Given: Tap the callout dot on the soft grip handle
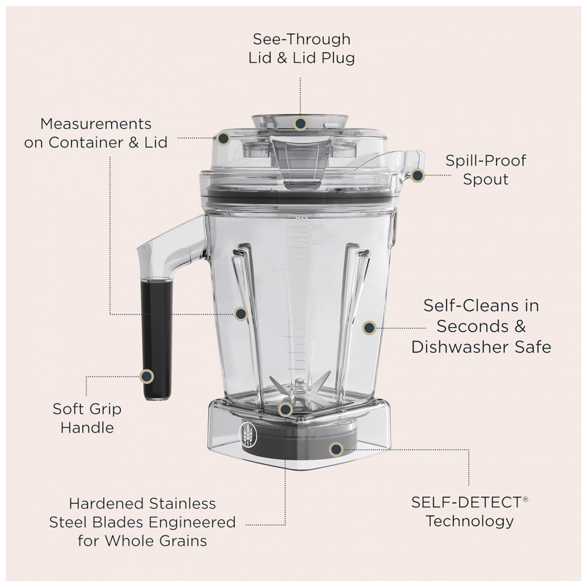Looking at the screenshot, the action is click(x=146, y=376).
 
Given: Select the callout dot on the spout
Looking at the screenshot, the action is click(x=417, y=175).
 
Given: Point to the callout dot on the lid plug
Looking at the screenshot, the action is click(x=300, y=123).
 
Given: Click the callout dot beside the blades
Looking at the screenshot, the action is click(x=285, y=409).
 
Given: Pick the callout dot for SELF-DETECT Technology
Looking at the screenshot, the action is click(x=336, y=449).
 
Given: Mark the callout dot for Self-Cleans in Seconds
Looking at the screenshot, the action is click(x=369, y=328).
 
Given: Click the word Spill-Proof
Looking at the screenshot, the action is click(x=485, y=161).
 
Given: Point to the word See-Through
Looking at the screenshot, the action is click(x=301, y=39).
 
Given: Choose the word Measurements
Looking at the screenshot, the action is click(x=96, y=124).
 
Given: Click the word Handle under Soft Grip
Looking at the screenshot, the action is click(x=87, y=427).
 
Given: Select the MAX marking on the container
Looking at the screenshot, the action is click(x=301, y=219).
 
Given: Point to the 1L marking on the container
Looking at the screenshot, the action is click(x=275, y=269).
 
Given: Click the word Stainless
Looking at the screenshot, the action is click(x=183, y=504).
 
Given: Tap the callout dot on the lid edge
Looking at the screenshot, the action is click(x=224, y=138).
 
